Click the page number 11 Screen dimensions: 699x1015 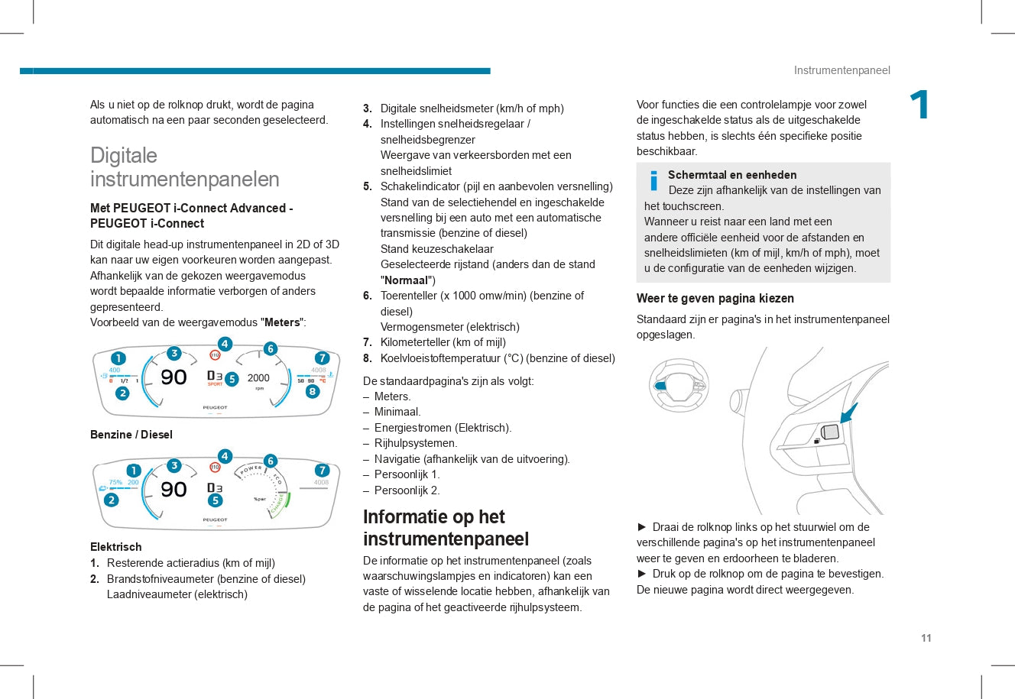click(x=926, y=639)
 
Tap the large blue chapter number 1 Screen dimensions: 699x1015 click(x=919, y=105)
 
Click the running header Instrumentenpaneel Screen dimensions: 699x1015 click(x=842, y=70)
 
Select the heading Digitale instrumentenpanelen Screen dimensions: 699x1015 click(x=184, y=167)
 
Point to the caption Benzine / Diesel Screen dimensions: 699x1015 click(x=131, y=435)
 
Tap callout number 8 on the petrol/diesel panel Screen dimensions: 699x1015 click(x=312, y=392)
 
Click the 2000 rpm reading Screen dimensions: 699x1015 click(x=258, y=378)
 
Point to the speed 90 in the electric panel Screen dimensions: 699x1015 click(x=173, y=490)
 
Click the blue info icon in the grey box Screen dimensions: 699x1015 click(x=653, y=181)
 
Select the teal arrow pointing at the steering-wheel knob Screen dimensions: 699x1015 click(x=848, y=413)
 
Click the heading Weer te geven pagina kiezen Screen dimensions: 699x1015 click(x=715, y=299)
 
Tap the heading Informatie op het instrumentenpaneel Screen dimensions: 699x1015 click(x=446, y=528)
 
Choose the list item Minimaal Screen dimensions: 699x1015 click(x=397, y=412)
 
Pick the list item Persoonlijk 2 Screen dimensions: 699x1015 click(x=407, y=490)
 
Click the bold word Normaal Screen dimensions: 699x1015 click(x=407, y=280)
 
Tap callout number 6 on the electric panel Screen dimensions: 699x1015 click(x=271, y=461)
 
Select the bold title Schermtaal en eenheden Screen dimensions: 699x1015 click(x=732, y=175)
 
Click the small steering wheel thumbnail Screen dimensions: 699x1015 click(x=678, y=386)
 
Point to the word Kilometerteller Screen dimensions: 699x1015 click(x=417, y=342)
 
